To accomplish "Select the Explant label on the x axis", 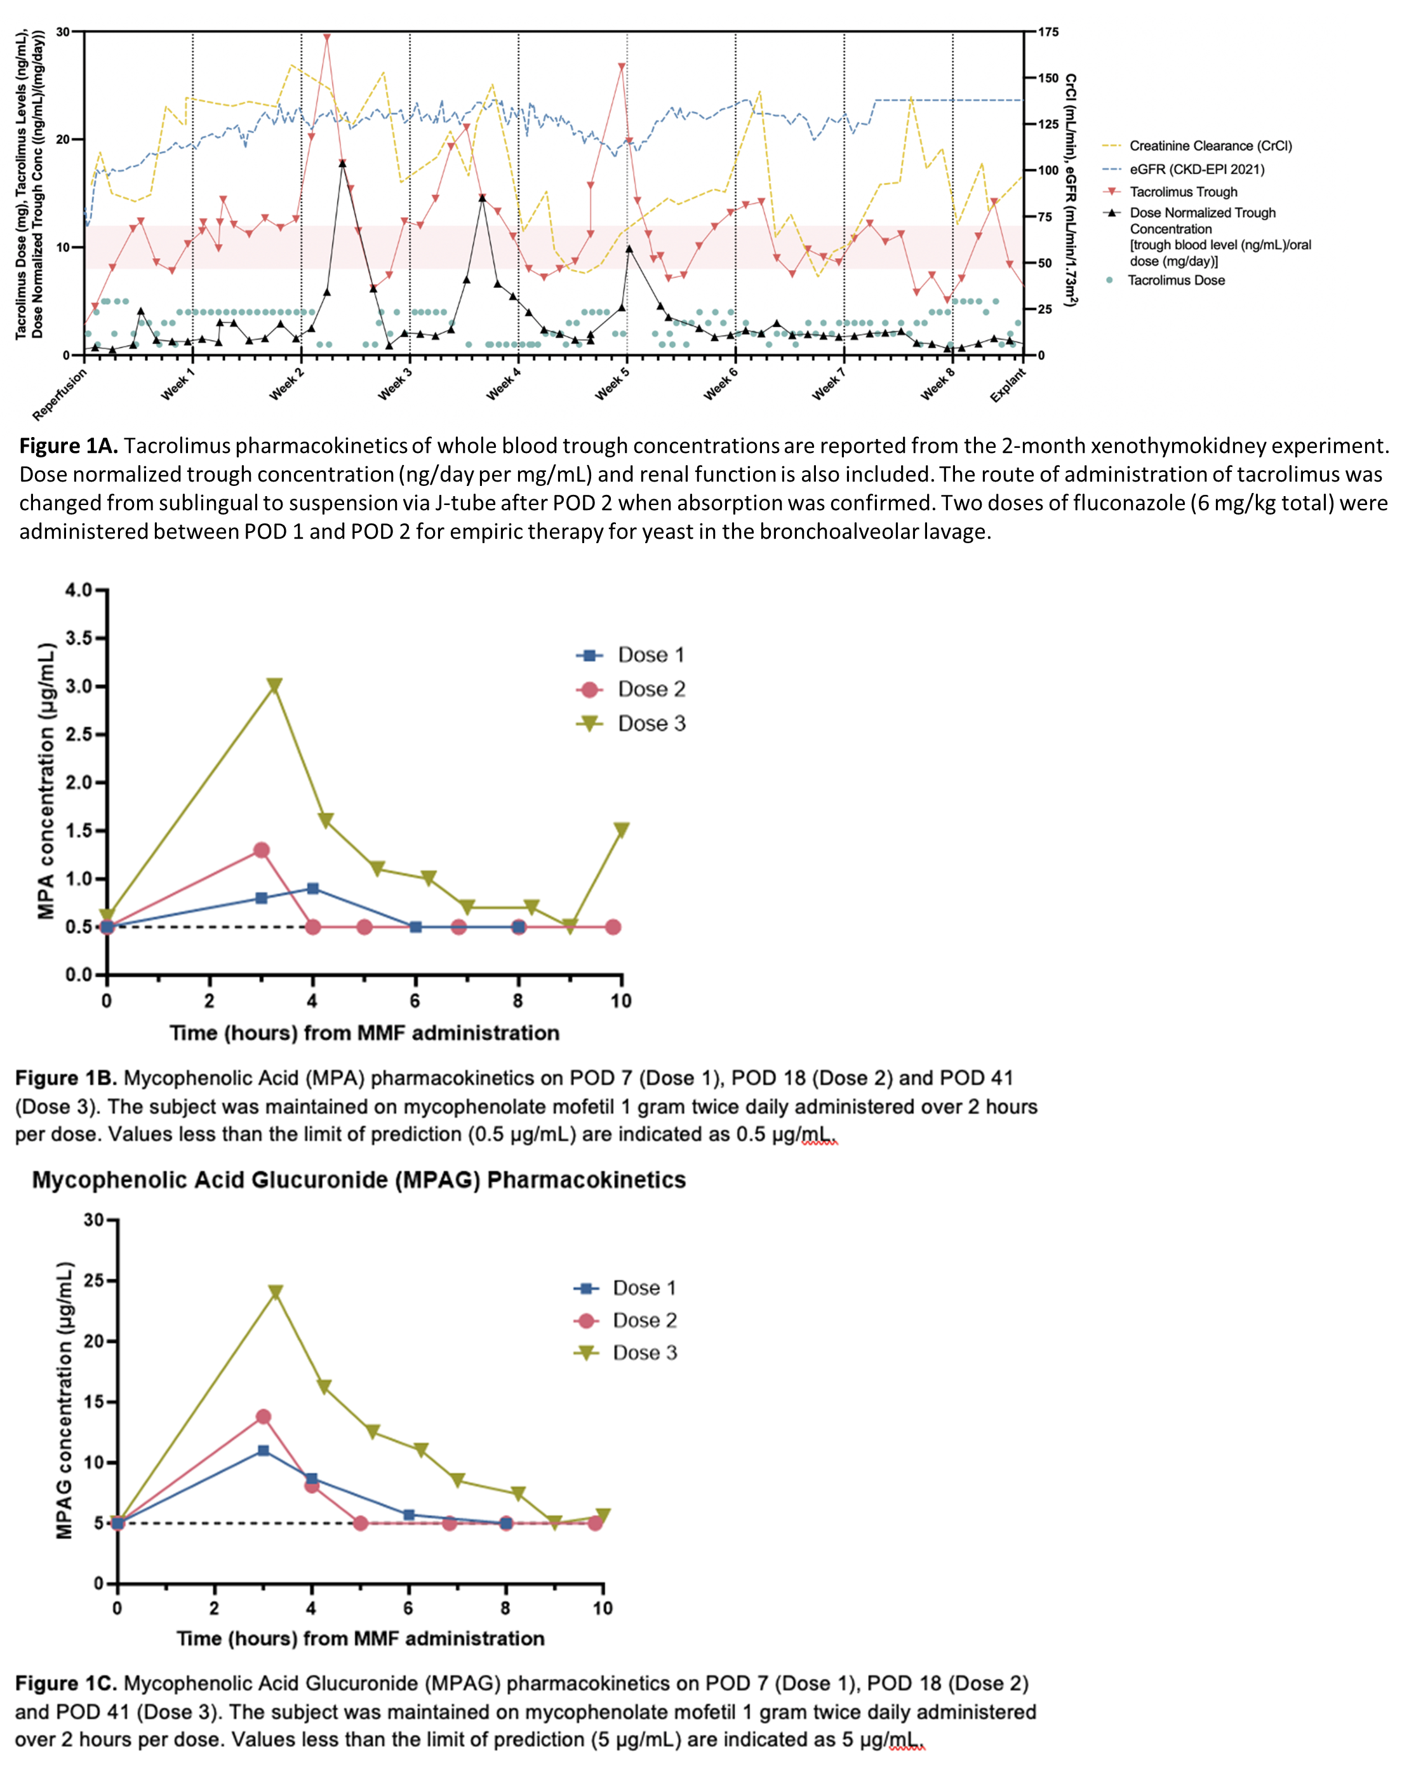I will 1008,384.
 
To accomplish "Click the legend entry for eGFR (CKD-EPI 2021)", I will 1196,169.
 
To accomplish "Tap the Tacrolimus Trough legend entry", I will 1183,191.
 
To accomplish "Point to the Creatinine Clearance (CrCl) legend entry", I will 1210,146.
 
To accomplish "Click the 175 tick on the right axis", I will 1048,32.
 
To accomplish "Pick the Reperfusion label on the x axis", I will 60,394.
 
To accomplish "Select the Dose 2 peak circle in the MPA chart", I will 262,850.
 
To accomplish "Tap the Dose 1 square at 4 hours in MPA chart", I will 312,888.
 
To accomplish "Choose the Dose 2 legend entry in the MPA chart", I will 651,689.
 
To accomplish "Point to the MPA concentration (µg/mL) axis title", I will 46,781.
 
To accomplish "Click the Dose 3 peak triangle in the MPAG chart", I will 276,1291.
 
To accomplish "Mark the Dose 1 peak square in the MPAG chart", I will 263,1450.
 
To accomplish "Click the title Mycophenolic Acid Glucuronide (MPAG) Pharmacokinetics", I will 359,1180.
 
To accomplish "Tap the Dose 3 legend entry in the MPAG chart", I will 644,1352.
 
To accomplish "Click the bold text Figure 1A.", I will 69,447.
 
